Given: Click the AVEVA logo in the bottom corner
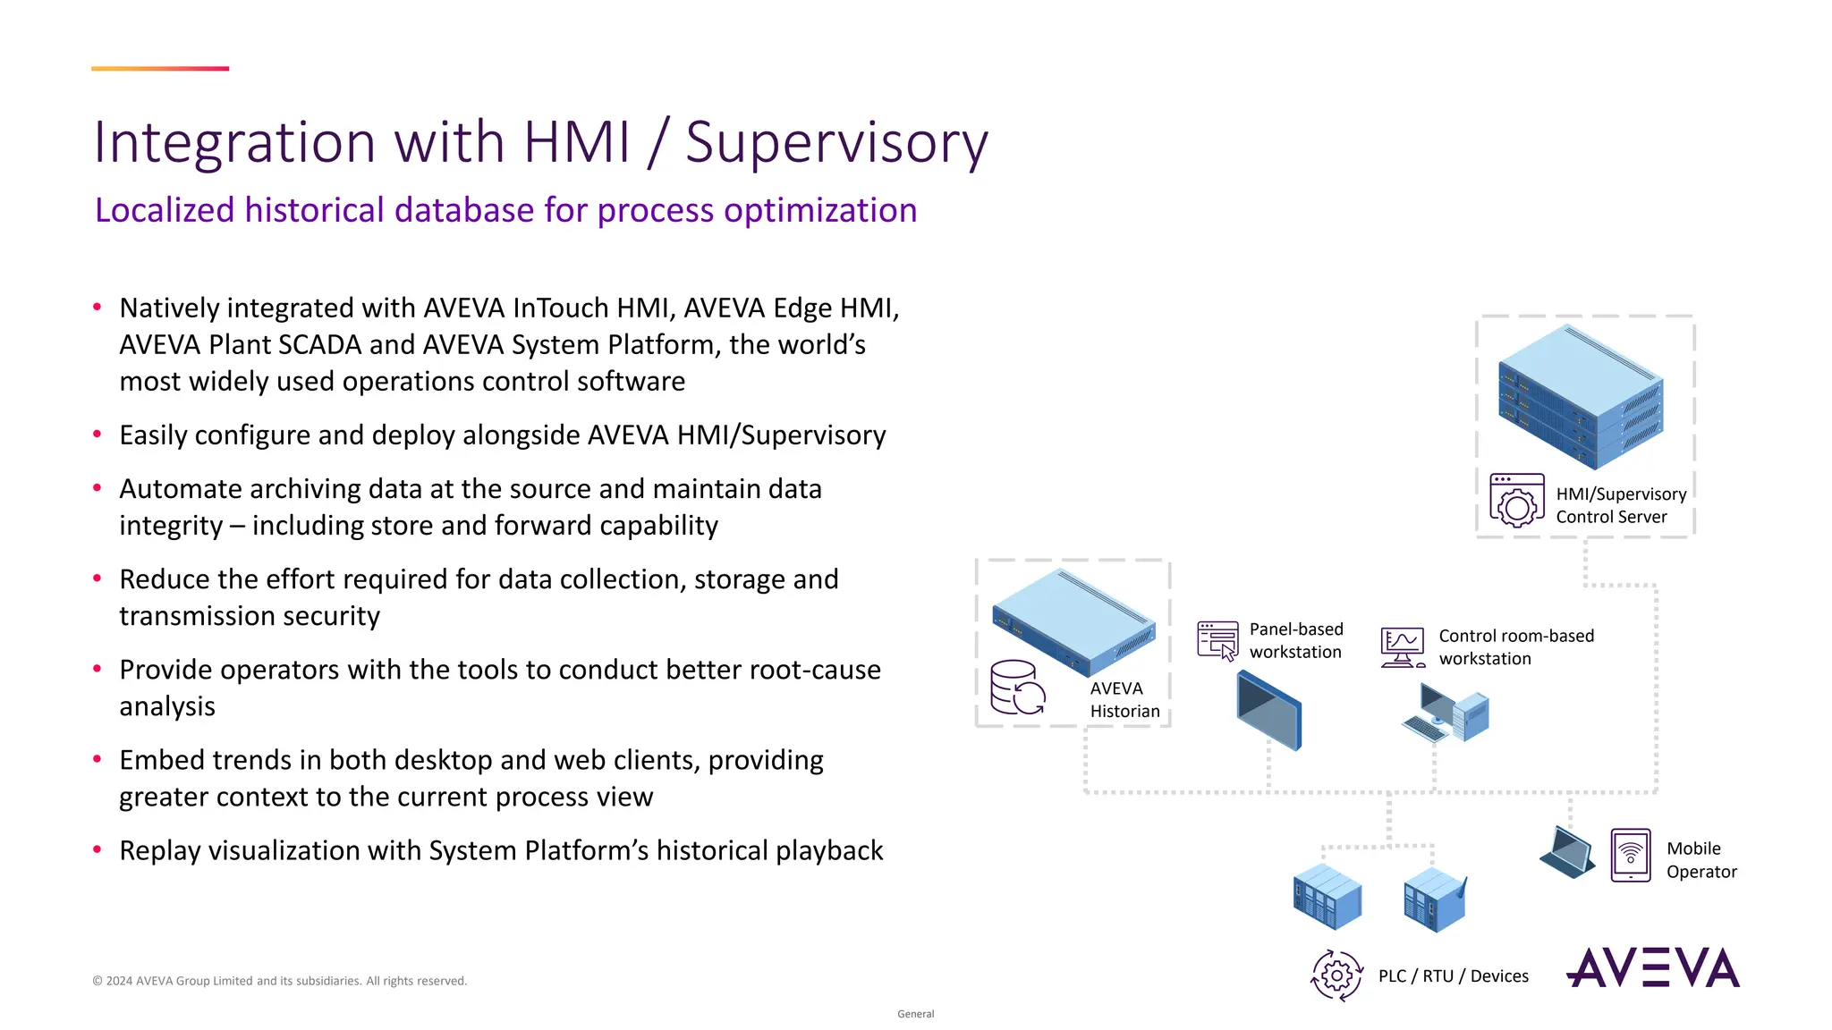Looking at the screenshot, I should (1653, 968).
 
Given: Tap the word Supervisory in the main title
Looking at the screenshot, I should (836, 143).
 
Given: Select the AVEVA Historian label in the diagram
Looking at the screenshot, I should (1124, 700).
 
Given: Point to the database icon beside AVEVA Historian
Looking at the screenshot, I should (1017, 688).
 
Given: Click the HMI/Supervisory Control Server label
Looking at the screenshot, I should (1621, 505).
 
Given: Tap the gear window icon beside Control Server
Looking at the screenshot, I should (1516, 500).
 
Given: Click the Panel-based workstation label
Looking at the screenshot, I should (1296, 640).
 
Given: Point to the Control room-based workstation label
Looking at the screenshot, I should (1516, 646).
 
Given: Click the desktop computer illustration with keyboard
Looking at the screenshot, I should (1446, 713).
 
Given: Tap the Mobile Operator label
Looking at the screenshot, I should (1701, 860).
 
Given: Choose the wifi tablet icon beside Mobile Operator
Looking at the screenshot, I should (1631, 856).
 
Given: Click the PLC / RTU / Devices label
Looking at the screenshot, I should (1453, 976).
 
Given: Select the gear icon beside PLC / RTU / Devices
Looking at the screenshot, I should (1336, 975).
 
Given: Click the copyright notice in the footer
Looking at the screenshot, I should (279, 981).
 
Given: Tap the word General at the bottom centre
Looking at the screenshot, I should (915, 1014).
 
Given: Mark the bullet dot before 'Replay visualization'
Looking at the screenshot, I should (98, 849).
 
